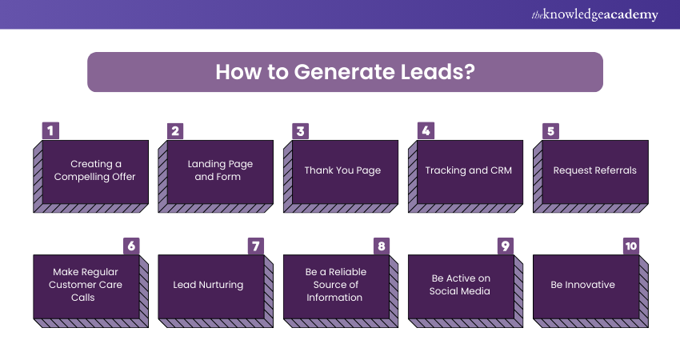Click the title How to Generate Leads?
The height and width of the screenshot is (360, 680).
[345, 72]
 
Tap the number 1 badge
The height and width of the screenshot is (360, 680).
[50, 131]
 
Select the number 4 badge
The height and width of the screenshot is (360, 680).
[426, 131]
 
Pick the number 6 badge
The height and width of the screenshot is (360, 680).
[131, 246]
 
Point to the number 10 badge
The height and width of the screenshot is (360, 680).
[631, 246]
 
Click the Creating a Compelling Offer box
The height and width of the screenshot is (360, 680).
[95, 170]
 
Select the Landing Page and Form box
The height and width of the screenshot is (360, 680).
[220, 170]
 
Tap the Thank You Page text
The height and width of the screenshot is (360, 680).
[342, 170]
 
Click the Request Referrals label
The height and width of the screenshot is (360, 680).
[594, 170]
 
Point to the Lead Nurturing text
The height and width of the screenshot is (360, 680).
[208, 285]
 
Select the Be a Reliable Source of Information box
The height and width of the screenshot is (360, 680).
[334, 285]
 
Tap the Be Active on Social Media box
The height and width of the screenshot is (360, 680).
[459, 285]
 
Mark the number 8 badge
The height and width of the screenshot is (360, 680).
[382, 246]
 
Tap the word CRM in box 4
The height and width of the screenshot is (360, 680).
[500, 170]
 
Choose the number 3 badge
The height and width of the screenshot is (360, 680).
[300, 131]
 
